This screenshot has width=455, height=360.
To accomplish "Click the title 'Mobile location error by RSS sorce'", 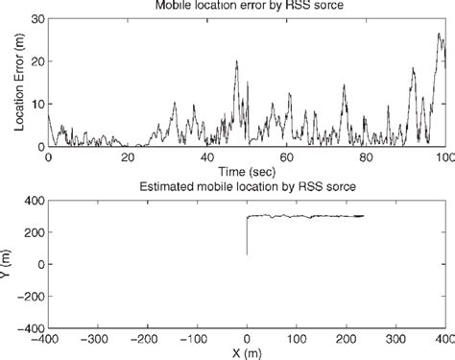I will [247, 5].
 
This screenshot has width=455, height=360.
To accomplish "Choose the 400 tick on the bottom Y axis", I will [32, 200].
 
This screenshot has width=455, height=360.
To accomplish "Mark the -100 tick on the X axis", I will [196, 340].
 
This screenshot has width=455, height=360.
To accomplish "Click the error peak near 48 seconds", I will [237, 62].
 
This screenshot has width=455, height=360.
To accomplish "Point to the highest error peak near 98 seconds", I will [438, 35].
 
